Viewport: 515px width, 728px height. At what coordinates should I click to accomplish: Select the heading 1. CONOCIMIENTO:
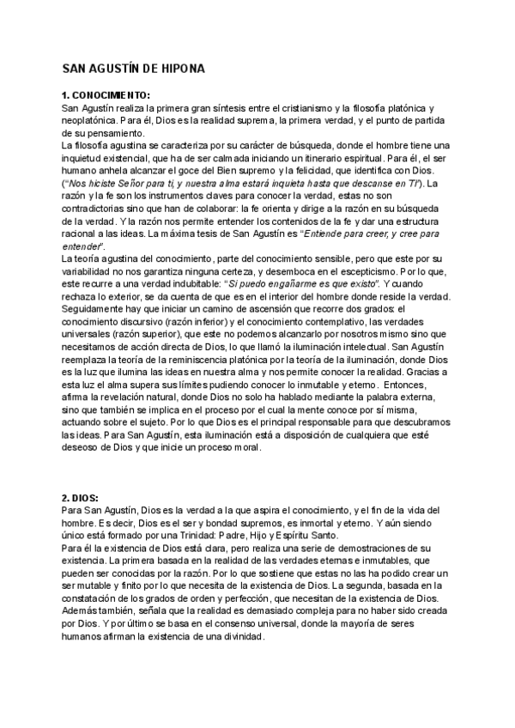pos(106,95)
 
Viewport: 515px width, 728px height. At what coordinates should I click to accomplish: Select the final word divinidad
pos(243,638)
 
